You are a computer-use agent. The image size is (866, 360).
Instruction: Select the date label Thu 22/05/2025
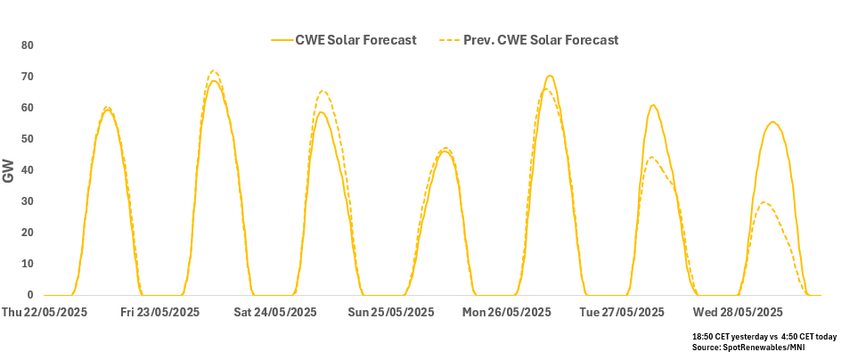(45, 313)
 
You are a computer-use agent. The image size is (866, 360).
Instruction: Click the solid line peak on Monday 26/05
(550, 76)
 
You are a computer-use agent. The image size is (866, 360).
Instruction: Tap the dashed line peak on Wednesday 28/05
(764, 202)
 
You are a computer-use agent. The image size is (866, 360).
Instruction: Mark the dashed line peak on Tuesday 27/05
(651, 158)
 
